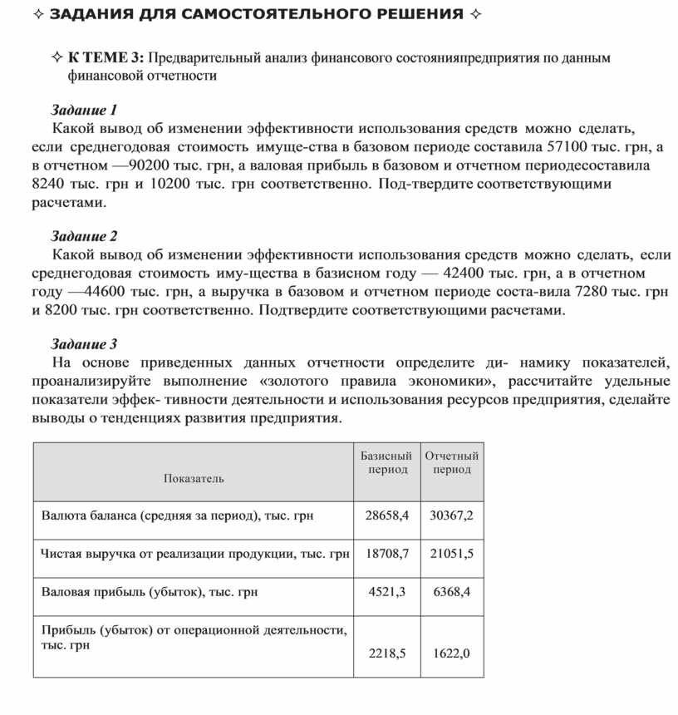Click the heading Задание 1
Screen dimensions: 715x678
pos(85,110)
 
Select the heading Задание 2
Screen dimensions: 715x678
pos(85,236)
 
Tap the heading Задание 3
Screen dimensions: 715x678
pos(85,343)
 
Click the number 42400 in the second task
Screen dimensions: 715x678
pos(466,273)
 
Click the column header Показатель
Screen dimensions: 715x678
pos(194,478)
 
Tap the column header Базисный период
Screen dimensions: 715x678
pos(386,463)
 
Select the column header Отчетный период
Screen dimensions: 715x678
pos(452,463)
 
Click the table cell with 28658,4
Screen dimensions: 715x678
pos(387,515)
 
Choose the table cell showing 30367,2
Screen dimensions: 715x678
pos(451,515)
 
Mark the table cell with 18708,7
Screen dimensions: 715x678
pos(387,554)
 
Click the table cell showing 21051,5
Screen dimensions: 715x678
pos(451,554)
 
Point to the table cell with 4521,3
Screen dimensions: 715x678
pos(387,592)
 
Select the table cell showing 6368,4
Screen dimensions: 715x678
pos(452,592)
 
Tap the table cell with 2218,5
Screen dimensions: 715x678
pos(387,653)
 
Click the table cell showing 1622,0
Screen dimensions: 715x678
pos(452,653)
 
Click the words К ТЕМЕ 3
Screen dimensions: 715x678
pos(106,58)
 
